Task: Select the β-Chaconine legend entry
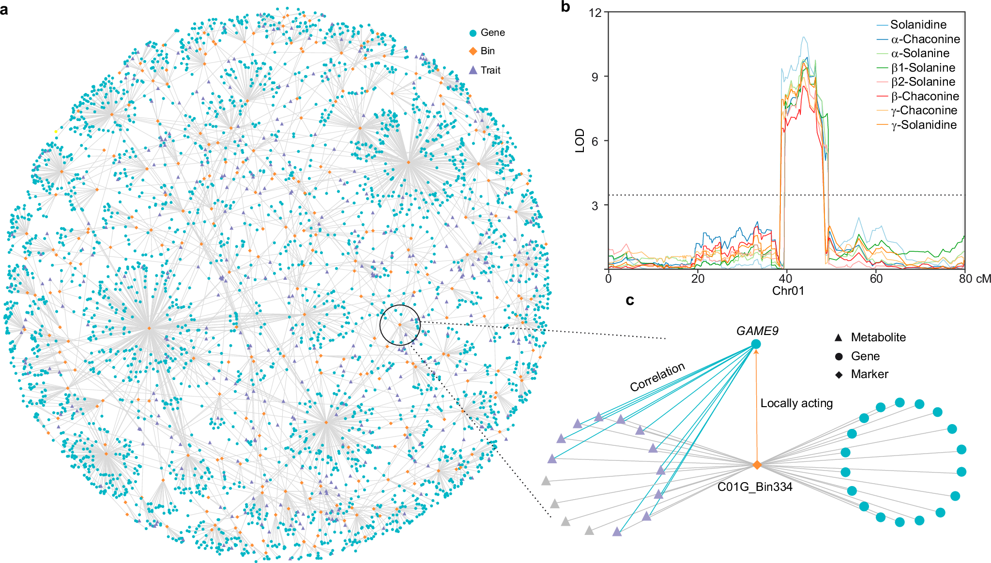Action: click(925, 96)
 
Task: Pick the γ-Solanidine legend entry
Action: click(924, 125)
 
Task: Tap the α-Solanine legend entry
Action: click(920, 53)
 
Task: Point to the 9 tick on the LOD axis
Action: click(595, 77)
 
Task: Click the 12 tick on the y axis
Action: click(595, 13)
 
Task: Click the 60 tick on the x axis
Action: click(876, 279)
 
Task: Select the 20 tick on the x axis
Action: click(698, 279)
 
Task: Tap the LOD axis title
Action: click(579, 141)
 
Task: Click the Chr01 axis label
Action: click(788, 291)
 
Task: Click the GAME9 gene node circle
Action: click(756, 344)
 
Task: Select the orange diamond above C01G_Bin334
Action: click(757, 465)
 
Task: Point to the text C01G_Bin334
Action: click(754, 487)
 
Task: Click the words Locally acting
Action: click(796, 403)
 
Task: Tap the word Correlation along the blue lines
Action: click(657, 377)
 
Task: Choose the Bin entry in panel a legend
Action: click(487, 51)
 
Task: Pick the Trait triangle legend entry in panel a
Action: click(490, 70)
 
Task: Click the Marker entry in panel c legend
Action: click(869, 374)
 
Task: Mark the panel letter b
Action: click(565, 7)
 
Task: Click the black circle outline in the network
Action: click(380, 325)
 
